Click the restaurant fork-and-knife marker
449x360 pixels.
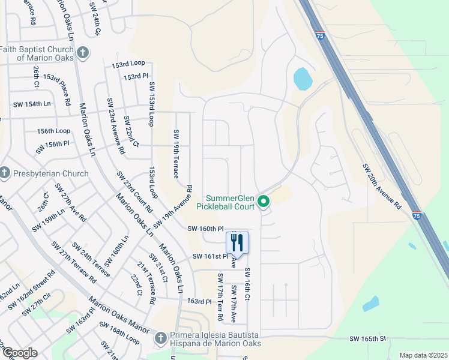pos(237,242)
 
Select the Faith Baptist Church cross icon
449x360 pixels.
pos(83,53)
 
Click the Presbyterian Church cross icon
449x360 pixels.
pos(5,174)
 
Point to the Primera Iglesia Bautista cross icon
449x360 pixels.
pos(160,338)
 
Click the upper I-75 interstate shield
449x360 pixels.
pos(320,35)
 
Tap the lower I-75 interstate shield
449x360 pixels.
pos(417,215)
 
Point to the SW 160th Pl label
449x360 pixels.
pos(205,229)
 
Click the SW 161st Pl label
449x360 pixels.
pos(211,256)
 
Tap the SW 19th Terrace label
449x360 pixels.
pos(176,154)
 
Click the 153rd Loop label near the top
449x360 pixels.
pos(128,63)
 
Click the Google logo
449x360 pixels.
pos(19,353)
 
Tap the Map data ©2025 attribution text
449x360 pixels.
pos(423,355)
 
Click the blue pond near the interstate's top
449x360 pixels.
pos(303,78)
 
